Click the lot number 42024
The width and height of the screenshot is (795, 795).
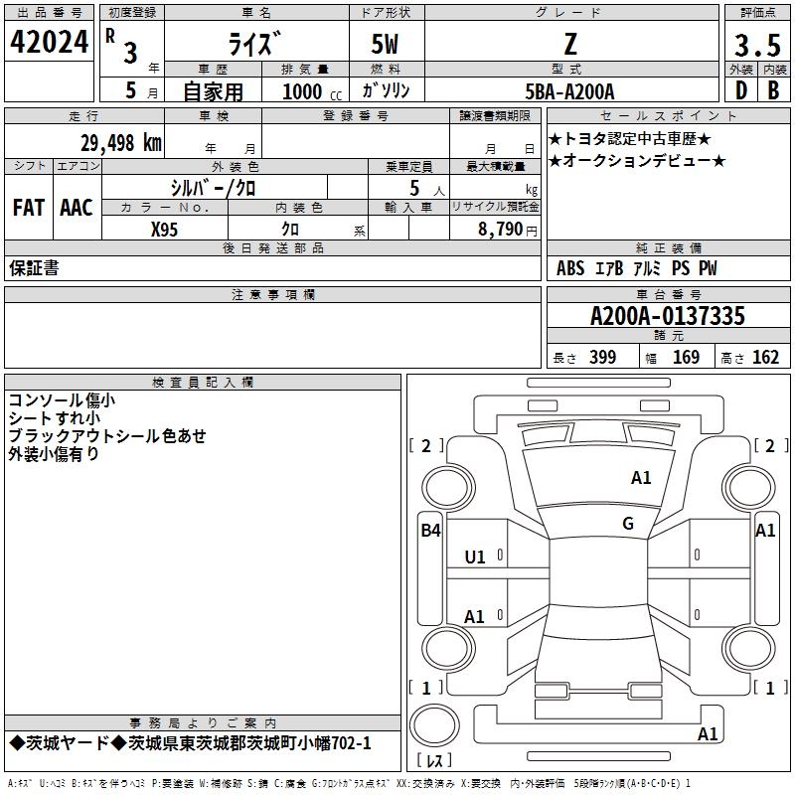point(49,46)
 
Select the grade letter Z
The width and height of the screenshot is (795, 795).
point(569,44)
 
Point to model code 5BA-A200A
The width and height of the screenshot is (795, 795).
point(569,91)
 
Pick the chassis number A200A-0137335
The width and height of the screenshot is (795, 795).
point(667,316)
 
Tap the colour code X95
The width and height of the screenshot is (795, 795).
point(165,229)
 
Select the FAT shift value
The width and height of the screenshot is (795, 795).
point(28,208)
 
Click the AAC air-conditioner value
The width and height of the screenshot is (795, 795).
point(77,208)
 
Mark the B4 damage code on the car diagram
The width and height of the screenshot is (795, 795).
point(429,531)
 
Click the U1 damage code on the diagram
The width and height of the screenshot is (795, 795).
point(475,557)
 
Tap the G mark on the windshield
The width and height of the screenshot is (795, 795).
point(628,523)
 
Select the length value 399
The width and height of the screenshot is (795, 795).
point(602,358)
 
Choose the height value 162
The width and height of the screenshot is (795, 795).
point(765,358)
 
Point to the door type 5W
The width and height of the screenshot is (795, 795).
point(386,45)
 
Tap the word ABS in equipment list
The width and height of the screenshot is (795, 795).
point(570,268)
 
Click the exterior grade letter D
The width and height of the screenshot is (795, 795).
point(740,90)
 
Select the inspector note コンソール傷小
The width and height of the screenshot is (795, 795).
point(62,399)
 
